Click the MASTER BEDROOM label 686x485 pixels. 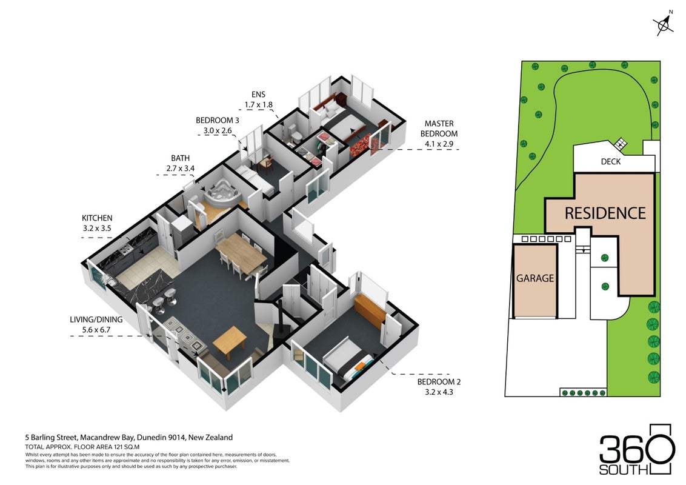tap(439, 129)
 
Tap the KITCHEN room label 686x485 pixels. tap(97, 218)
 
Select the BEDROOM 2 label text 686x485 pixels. tap(439, 382)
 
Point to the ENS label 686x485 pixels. tap(258, 95)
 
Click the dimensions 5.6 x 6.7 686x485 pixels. tap(96, 330)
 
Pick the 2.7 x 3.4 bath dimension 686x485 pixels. tap(180, 168)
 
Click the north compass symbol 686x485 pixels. tap(664, 24)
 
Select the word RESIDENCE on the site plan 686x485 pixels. tap(605, 213)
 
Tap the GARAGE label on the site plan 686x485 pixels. tap(535, 278)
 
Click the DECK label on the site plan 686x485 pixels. tap(611, 161)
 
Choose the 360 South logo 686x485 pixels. tap(635, 449)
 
